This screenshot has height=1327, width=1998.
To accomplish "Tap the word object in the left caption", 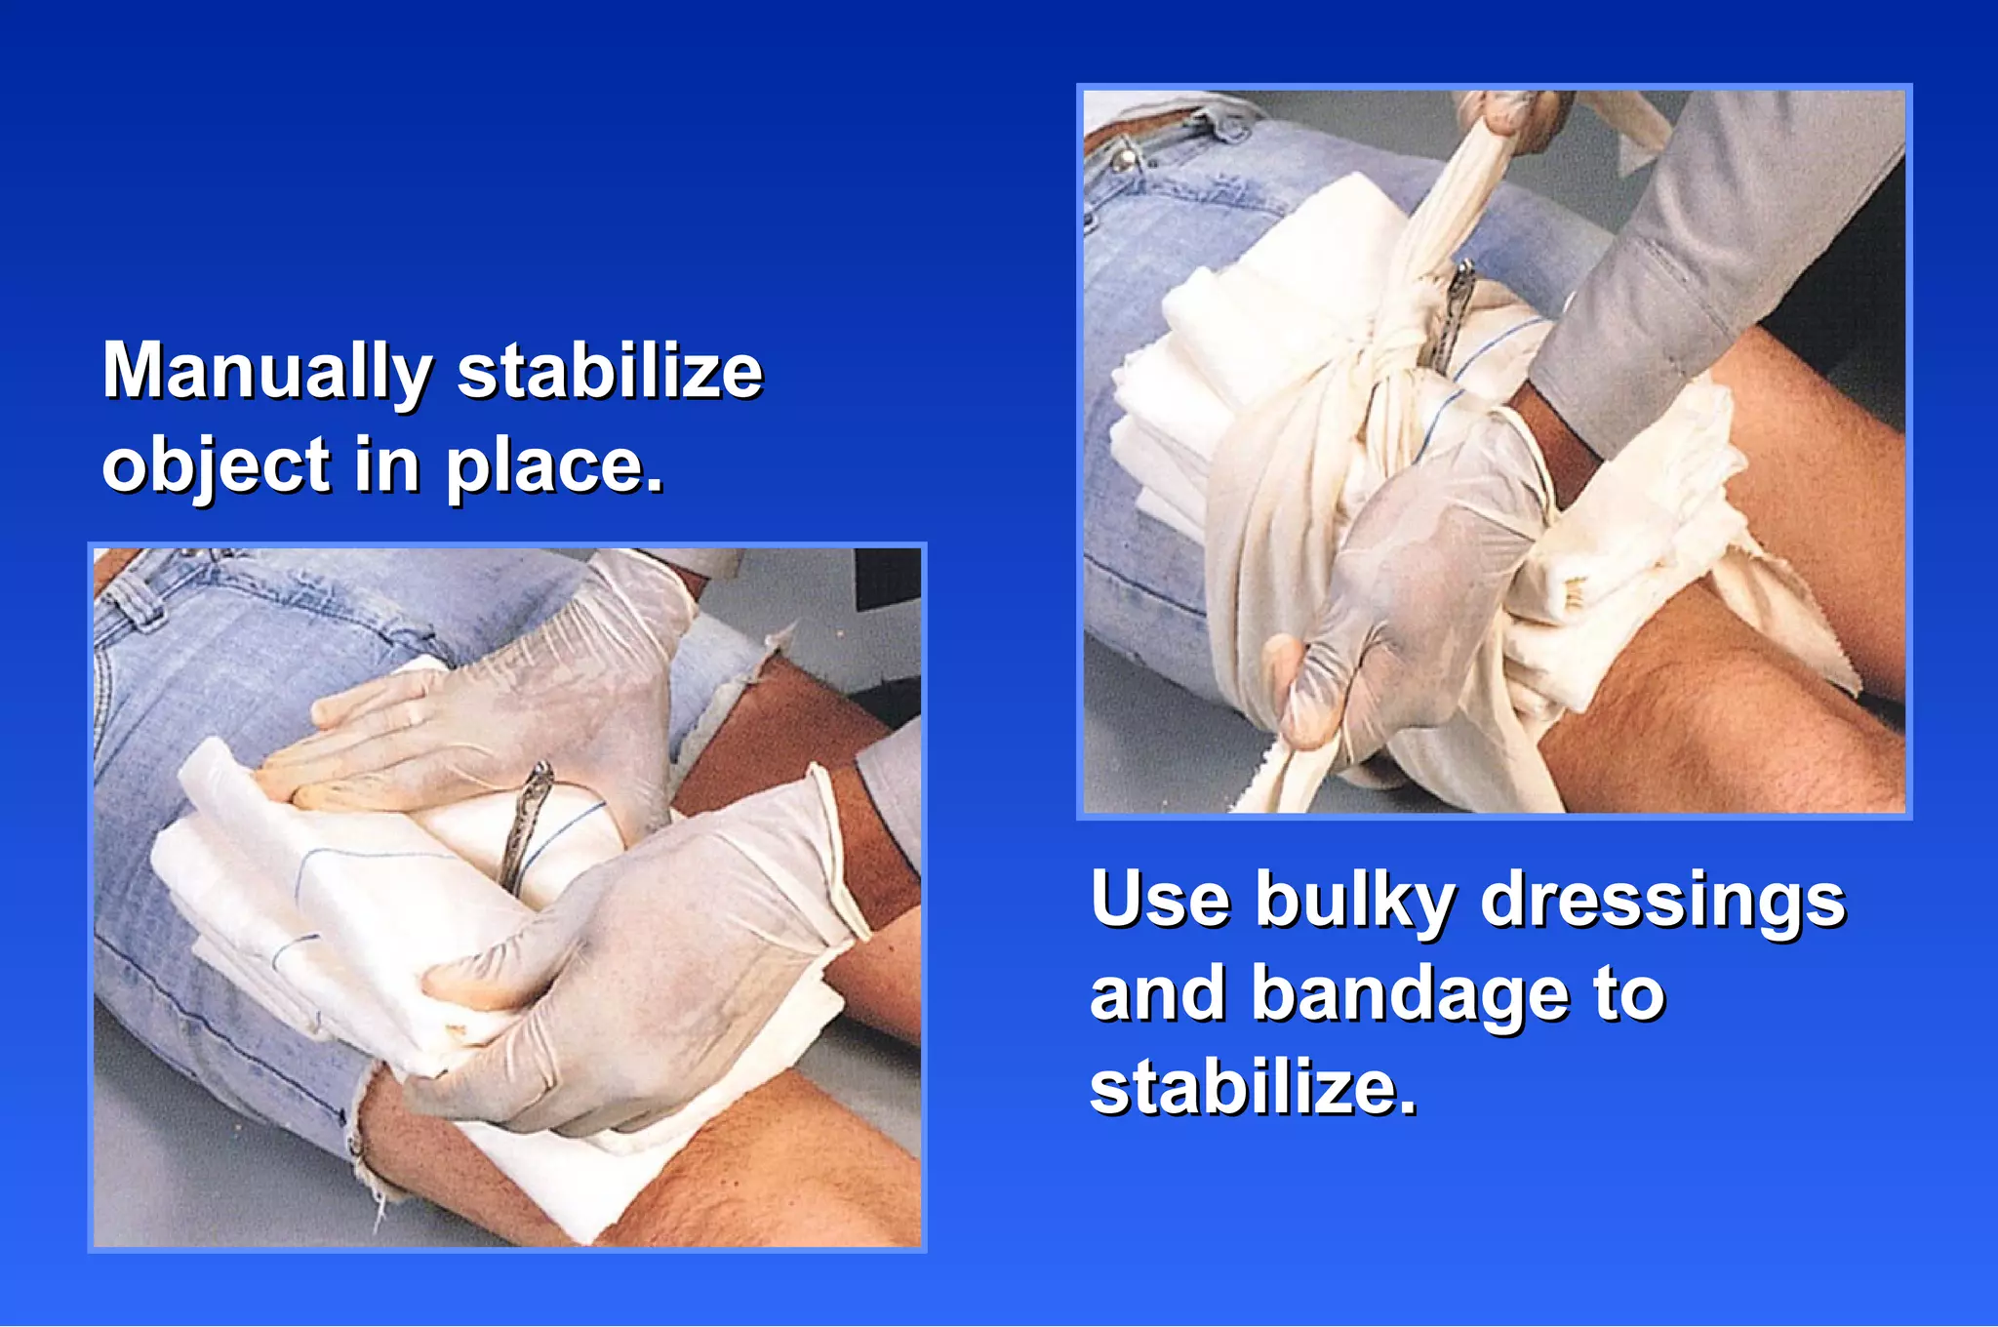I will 217,466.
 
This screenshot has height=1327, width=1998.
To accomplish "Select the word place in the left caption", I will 554,466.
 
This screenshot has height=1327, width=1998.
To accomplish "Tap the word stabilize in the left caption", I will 610,372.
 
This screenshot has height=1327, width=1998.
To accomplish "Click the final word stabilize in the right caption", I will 1253,1087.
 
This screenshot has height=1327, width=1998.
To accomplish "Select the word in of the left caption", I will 387,466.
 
